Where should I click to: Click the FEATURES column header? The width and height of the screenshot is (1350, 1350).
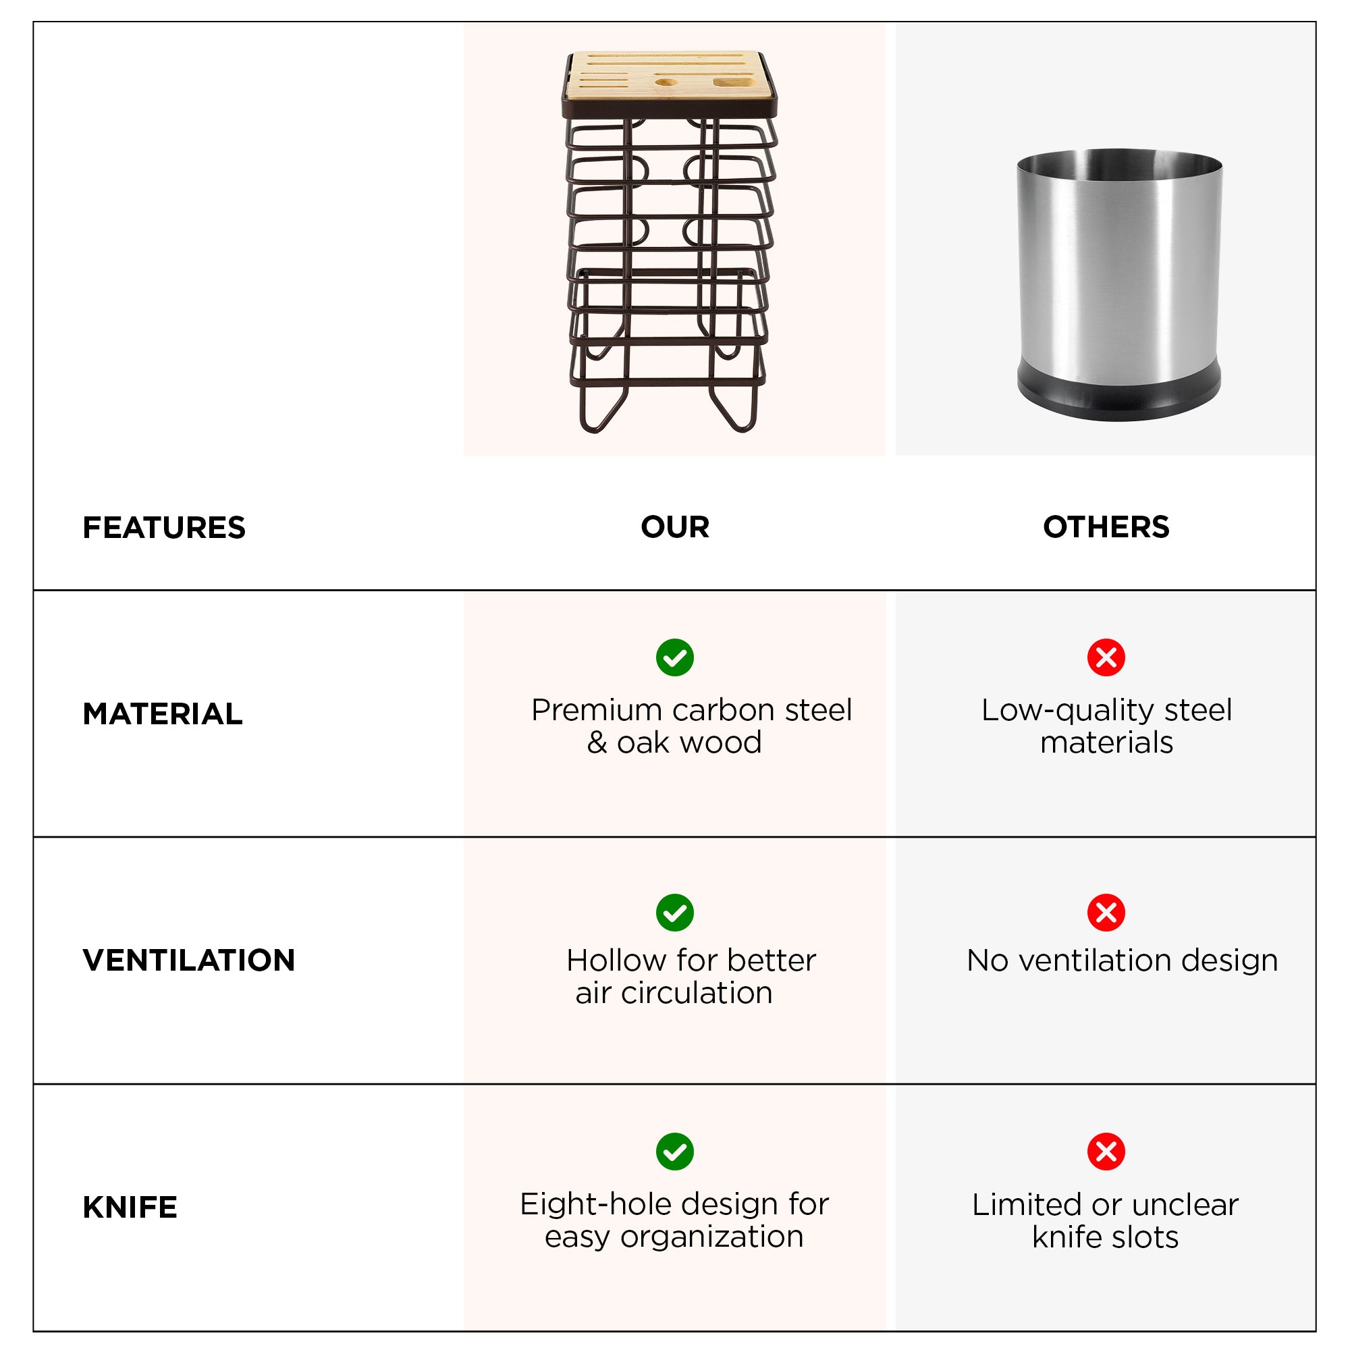[x=164, y=528]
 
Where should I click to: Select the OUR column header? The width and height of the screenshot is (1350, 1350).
[x=675, y=527]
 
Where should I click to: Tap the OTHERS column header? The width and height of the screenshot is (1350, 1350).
[x=1106, y=527]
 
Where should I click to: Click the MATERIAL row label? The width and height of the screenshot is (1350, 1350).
[x=163, y=713]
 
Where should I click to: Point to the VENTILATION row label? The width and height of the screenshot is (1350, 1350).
[x=189, y=960]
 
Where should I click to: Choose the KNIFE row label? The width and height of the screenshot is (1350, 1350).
[x=130, y=1207]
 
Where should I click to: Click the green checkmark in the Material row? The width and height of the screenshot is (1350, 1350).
[x=675, y=657]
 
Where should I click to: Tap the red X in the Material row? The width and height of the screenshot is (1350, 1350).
[x=1106, y=657]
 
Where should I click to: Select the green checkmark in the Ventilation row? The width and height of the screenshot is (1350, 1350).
[x=675, y=913]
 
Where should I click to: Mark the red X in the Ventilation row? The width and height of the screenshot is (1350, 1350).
[x=1106, y=913]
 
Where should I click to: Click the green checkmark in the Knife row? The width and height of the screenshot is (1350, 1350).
[x=675, y=1152]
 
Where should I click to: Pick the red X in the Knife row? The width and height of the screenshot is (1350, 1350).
[x=1106, y=1152]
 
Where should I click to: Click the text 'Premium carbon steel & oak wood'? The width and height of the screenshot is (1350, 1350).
[x=691, y=726]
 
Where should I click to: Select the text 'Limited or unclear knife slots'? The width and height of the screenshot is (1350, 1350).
[x=1106, y=1220]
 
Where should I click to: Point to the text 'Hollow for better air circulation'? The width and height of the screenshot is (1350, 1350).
[x=691, y=976]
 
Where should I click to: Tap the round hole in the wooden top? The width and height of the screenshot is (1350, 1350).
[x=667, y=82]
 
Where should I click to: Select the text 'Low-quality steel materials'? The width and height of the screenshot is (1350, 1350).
[x=1106, y=726]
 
